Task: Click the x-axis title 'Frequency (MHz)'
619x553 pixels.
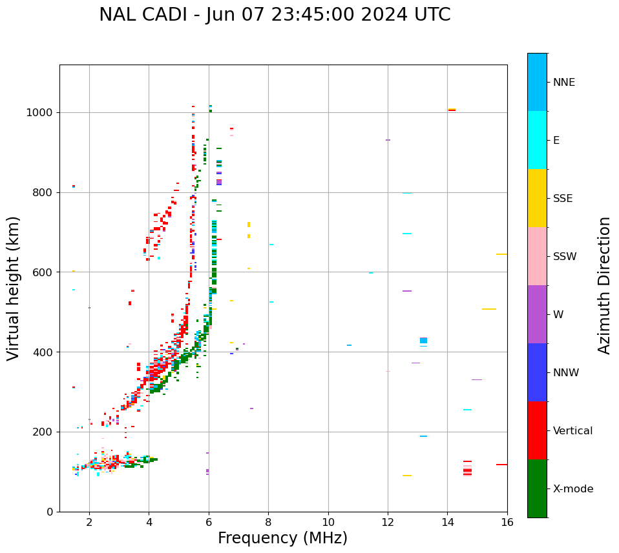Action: (282, 538)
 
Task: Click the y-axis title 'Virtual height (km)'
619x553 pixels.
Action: (14, 288)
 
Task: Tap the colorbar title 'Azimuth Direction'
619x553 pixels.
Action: (604, 285)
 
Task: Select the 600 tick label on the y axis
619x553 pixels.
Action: (45, 272)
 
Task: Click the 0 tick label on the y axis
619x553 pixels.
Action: (49, 512)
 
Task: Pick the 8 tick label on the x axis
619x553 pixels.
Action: (268, 522)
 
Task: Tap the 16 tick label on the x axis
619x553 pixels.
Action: (507, 522)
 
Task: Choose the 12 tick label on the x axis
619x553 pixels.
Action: (388, 522)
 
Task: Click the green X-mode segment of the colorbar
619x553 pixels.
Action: (537, 488)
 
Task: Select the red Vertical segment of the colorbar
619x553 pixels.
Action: (537, 430)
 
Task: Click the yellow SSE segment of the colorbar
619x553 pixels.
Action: (537, 198)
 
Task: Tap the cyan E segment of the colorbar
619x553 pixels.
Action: (537, 140)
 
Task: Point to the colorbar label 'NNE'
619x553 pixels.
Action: (564, 82)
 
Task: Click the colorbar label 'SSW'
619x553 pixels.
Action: (565, 256)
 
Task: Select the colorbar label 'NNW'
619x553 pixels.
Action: (566, 372)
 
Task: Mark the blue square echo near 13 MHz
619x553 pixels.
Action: (423, 340)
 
